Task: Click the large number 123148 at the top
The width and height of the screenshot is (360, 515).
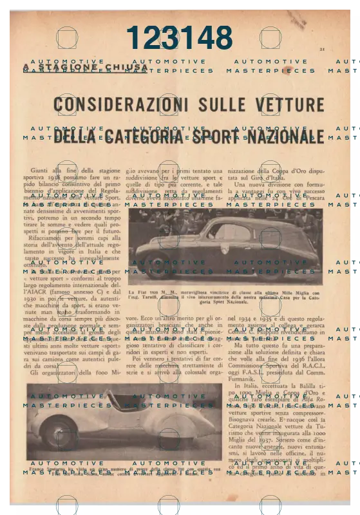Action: pyautogui.click(x=179, y=38)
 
